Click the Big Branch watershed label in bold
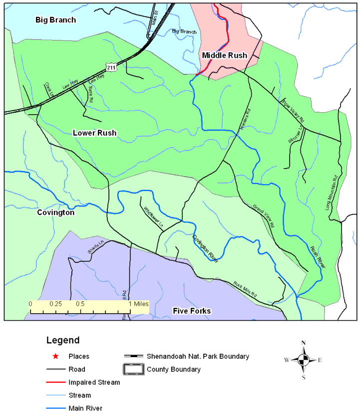coord(55,20)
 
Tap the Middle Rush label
coord(224,55)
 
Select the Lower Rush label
coord(94,133)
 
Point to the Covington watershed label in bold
coord(55,212)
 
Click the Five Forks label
coord(192,311)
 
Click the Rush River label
coord(317,257)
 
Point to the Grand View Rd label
coord(264,216)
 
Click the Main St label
coord(154,20)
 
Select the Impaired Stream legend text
coord(95,383)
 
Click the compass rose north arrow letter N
coord(303,343)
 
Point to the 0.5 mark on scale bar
coord(80,303)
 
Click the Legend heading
coord(63,341)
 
